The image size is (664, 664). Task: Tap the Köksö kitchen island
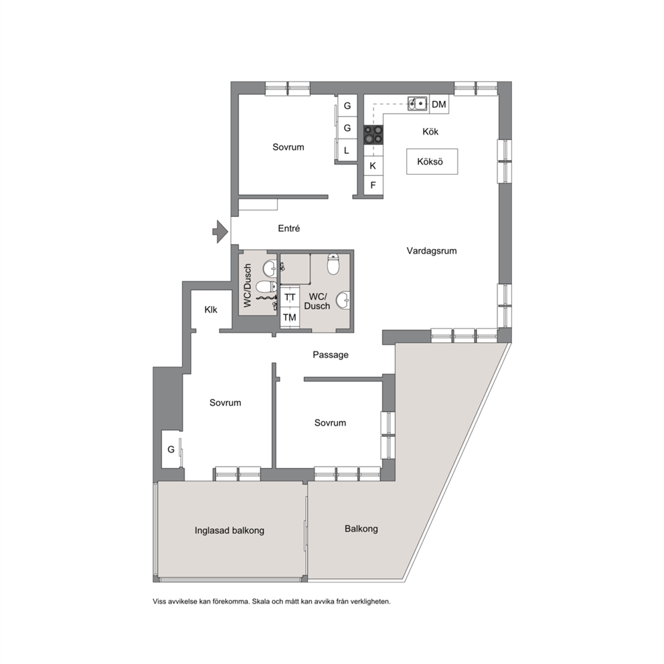pyautogui.click(x=432, y=161)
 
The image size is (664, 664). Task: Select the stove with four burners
pyautogui.click(x=373, y=135)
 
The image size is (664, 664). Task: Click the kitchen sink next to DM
pyautogui.click(x=418, y=103)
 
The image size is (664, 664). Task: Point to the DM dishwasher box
pyautogui.click(x=439, y=104)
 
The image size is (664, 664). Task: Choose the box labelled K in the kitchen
pyautogui.click(x=373, y=165)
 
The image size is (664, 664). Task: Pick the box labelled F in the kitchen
pyautogui.click(x=373, y=185)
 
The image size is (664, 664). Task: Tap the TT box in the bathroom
pyautogui.click(x=290, y=297)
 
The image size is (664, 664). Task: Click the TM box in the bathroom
pyautogui.click(x=290, y=317)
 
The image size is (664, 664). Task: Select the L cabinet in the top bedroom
pyautogui.click(x=347, y=150)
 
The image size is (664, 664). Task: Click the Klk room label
pyautogui.click(x=210, y=309)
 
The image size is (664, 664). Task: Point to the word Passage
pyautogui.click(x=331, y=355)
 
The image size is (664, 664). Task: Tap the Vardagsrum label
pyautogui.click(x=432, y=251)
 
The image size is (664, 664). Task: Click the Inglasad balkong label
pyautogui.click(x=230, y=530)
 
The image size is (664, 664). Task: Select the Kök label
pyautogui.click(x=430, y=131)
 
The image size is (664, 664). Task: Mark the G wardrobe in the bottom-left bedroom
pyautogui.click(x=171, y=449)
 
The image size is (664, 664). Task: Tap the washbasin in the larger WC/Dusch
pyautogui.click(x=343, y=301)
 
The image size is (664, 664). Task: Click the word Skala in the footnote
pyautogui.click(x=260, y=601)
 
